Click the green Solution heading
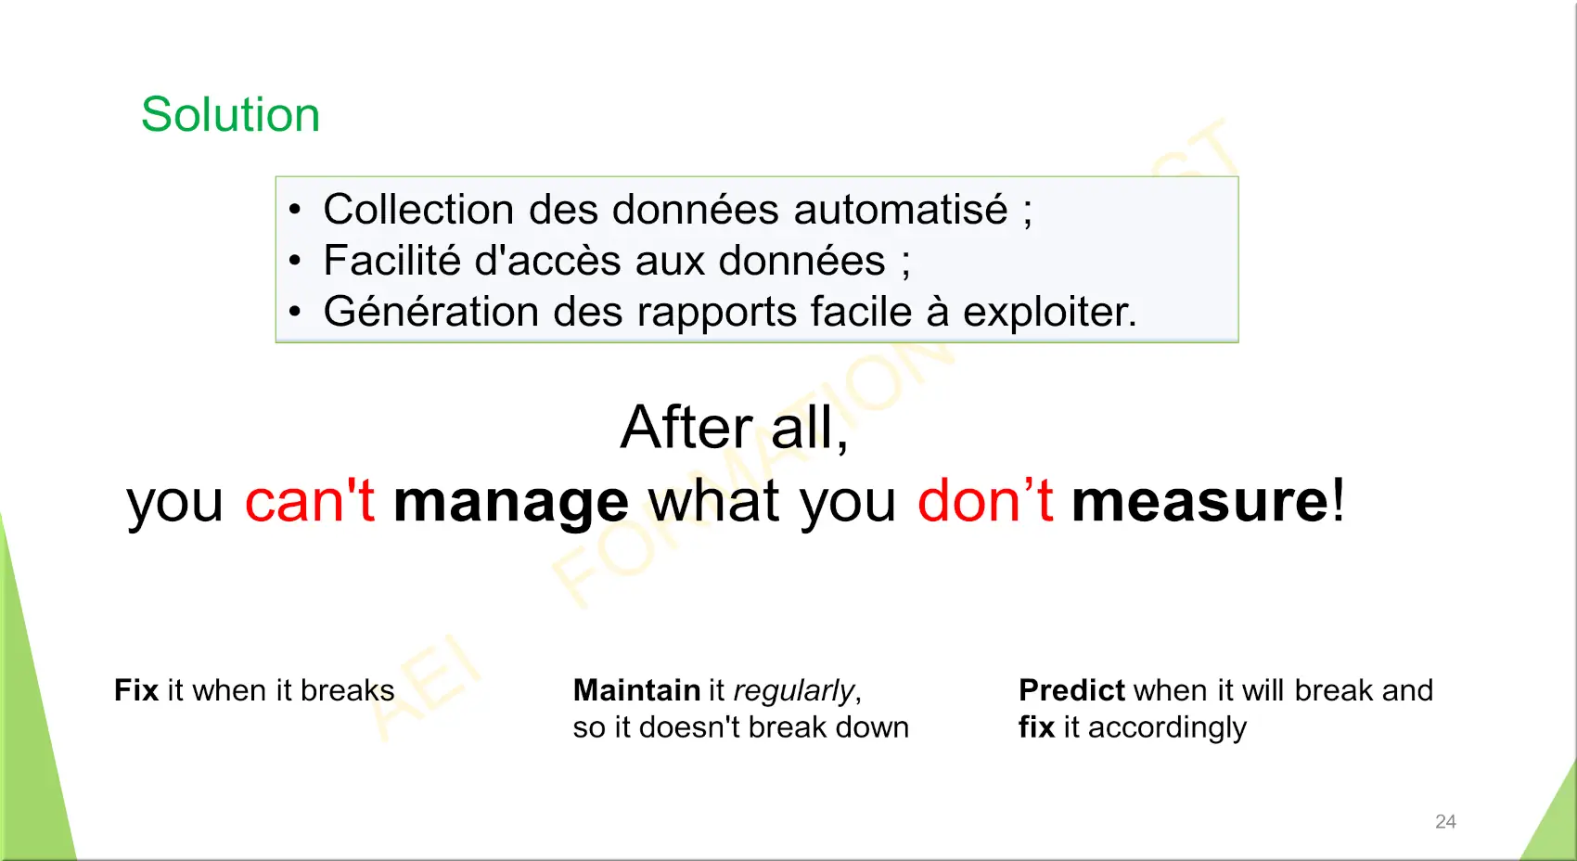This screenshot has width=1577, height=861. [x=230, y=114]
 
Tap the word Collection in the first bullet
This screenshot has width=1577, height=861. [x=418, y=209]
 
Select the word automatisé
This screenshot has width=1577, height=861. [x=901, y=209]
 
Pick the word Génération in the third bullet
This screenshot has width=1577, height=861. [x=430, y=312]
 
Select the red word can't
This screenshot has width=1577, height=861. [x=310, y=500]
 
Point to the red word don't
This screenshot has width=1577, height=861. [x=985, y=500]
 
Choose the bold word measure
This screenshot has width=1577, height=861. [x=1199, y=501]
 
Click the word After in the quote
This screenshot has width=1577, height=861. [x=686, y=428]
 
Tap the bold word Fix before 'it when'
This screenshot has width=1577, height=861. [x=135, y=690]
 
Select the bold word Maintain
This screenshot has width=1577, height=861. [x=636, y=690]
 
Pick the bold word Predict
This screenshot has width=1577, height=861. [x=1071, y=690]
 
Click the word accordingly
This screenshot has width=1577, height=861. [x=1167, y=728]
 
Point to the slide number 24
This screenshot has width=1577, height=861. [x=1445, y=822]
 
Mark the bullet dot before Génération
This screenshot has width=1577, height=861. [x=295, y=312]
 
